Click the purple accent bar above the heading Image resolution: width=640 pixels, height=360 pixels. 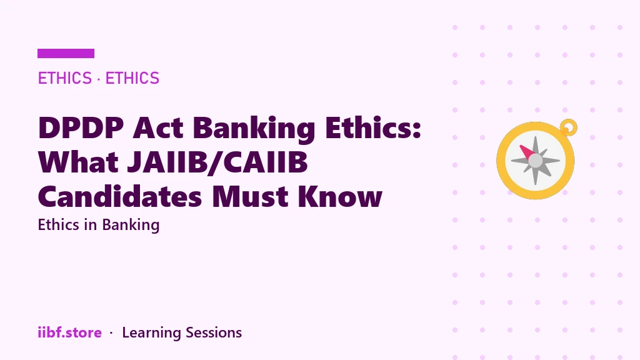coord(66,54)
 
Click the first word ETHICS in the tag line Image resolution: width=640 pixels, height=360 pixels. coord(65,78)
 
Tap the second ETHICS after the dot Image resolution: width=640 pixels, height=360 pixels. coord(132,78)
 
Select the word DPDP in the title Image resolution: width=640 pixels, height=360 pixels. coord(81,127)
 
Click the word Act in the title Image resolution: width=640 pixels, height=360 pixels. coord(158,127)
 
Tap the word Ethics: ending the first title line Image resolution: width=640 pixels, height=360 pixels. coord(373,127)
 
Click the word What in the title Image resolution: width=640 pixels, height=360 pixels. coord(78,162)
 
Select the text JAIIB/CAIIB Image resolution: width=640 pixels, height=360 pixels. coord(217,162)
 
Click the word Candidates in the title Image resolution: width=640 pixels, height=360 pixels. coord(120,196)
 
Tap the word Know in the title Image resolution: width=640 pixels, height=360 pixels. coord(340,196)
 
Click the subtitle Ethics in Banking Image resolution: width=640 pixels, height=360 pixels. coord(98,225)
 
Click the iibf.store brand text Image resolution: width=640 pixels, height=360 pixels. coord(70,332)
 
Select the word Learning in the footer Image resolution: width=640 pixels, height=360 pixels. coord(151,333)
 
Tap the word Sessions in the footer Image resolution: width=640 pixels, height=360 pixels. coord(214,332)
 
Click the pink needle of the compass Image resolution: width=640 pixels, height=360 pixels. coord(528,152)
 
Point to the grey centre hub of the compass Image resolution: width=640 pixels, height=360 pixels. coord(536,161)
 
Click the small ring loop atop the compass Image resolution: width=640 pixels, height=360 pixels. coord(569,127)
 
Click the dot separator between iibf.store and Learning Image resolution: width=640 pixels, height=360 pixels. coord(111,333)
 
